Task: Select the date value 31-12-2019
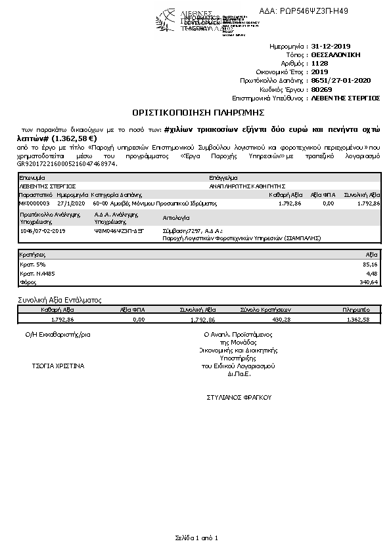(x=330, y=47)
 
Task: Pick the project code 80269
(x=321, y=89)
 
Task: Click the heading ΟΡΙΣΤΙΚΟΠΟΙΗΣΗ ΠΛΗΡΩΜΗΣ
(x=196, y=112)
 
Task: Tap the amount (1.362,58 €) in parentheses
(x=74, y=138)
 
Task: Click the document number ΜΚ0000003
(x=34, y=203)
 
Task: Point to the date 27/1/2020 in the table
(x=71, y=203)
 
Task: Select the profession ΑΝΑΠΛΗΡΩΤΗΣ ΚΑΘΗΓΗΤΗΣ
(x=246, y=186)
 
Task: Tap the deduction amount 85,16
(x=371, y=265)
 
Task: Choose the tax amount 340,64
(x=369, y=282)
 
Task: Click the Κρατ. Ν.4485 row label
(x=32, y=274)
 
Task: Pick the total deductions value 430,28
(x=281, y=319)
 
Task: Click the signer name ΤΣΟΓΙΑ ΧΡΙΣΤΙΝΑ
(x=58, y=366)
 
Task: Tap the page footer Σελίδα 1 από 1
(x=196, y=538)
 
